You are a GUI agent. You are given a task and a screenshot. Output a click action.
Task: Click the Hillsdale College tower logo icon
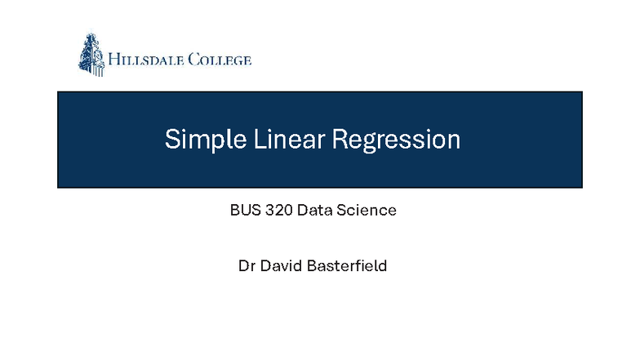tap(91, 55)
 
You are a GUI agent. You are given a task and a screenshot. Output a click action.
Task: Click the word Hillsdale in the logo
tap(147, 60)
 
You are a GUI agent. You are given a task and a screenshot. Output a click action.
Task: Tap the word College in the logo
tap(220, 60)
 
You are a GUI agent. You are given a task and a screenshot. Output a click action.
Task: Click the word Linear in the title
tap(278, 140)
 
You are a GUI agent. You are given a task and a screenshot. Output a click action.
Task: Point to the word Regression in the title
tap(395, 140)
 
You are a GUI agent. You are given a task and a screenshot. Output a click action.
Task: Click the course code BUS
tap(244, 211)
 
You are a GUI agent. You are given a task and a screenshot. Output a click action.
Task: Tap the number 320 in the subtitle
tap(278, 211)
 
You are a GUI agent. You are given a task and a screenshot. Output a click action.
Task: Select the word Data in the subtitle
tap(315, 211)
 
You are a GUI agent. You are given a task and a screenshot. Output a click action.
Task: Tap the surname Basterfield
tap(348, 266)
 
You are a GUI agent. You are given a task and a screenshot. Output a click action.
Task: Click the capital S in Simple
tap(171, 140)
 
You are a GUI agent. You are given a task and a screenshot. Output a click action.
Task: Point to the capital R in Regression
tap(339, 140)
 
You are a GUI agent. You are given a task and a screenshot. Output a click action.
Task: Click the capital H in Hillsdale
tap(115, 60)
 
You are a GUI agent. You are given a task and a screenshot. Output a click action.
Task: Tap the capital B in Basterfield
tap(313, 266)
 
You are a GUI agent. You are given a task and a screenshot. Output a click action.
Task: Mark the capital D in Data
tap(302, 211)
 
